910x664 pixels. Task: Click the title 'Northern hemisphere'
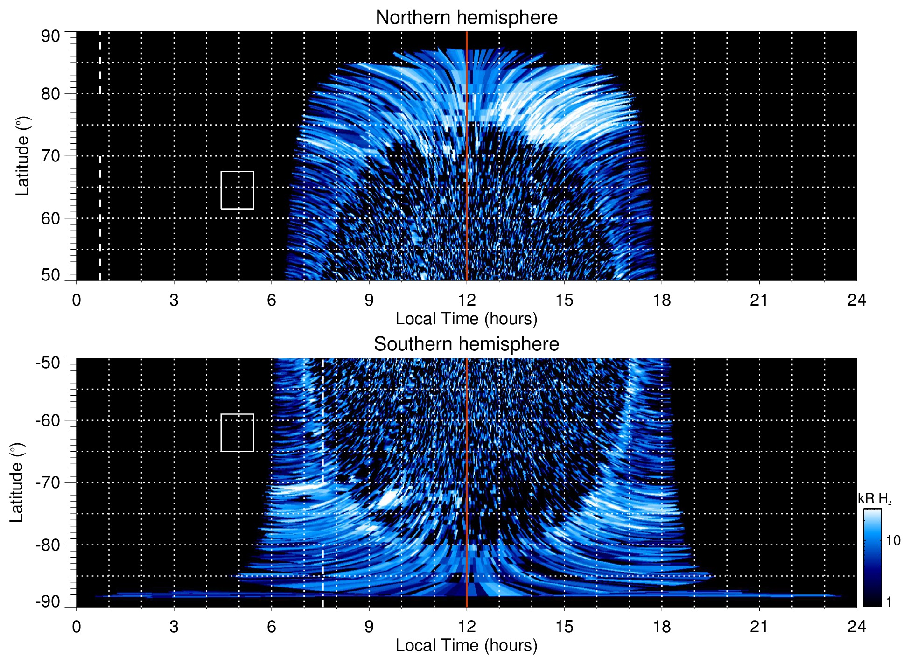(x=466, y=18)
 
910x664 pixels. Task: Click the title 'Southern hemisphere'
(x=466, y=344)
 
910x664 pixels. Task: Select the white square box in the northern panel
(x=237, y=190)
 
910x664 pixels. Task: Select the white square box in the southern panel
(x=237, y=433)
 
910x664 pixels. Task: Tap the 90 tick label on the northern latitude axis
(x=50, y=36)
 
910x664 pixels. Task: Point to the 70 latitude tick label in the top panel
(x=50, y=156)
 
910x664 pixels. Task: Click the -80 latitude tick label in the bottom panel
(x=48, y=545)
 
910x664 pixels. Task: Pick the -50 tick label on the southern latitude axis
(x=48, y=363)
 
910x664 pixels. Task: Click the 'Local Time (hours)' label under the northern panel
(x=466, y=319)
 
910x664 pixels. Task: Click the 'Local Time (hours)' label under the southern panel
(x=466, y=645)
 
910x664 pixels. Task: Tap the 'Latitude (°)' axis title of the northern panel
(x=22, y=156)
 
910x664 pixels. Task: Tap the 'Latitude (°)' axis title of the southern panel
(x=17, y=482)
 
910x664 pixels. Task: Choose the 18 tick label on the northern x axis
(x=662, y=300)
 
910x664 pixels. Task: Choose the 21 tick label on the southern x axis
(x=759, y=627)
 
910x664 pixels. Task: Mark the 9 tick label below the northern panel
(x=369, y=300)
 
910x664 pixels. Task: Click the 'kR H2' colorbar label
(x=875, y=499)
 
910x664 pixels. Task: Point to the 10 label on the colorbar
(x=893, y=540)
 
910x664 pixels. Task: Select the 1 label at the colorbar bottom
(x=889, y=602)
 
